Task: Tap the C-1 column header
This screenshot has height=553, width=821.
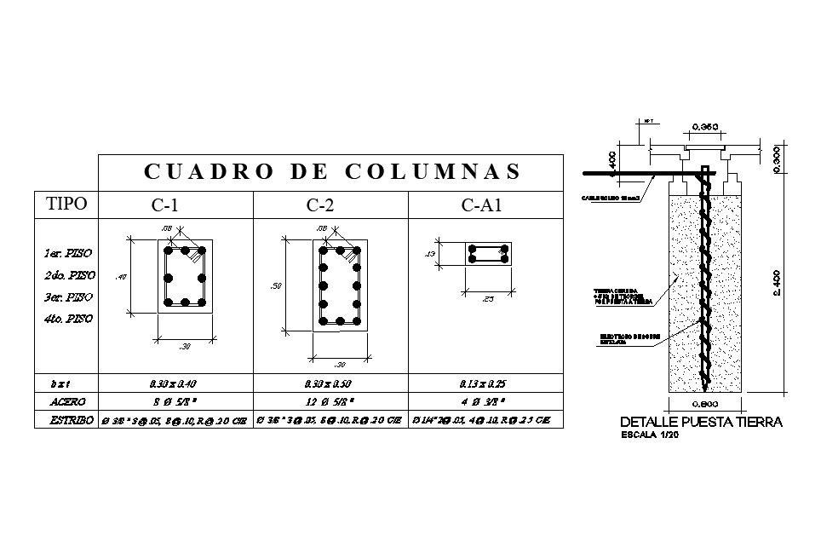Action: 165,205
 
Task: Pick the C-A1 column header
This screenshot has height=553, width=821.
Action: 483,205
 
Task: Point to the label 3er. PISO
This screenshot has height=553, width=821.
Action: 67,297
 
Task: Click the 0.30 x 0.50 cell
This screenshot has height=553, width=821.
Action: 328,384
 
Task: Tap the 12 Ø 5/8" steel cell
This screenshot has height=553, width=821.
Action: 328,400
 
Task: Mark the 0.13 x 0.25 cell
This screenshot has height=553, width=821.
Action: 483,384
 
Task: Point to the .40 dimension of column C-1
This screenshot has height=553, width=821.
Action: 122,277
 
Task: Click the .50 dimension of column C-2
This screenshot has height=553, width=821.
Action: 275,286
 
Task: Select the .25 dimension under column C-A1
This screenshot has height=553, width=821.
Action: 488,299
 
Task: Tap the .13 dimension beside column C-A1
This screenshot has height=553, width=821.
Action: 430,254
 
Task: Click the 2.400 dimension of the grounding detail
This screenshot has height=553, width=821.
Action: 778,282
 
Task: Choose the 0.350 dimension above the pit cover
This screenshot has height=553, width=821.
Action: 704,127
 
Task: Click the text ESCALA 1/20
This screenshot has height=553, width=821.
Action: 657,434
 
